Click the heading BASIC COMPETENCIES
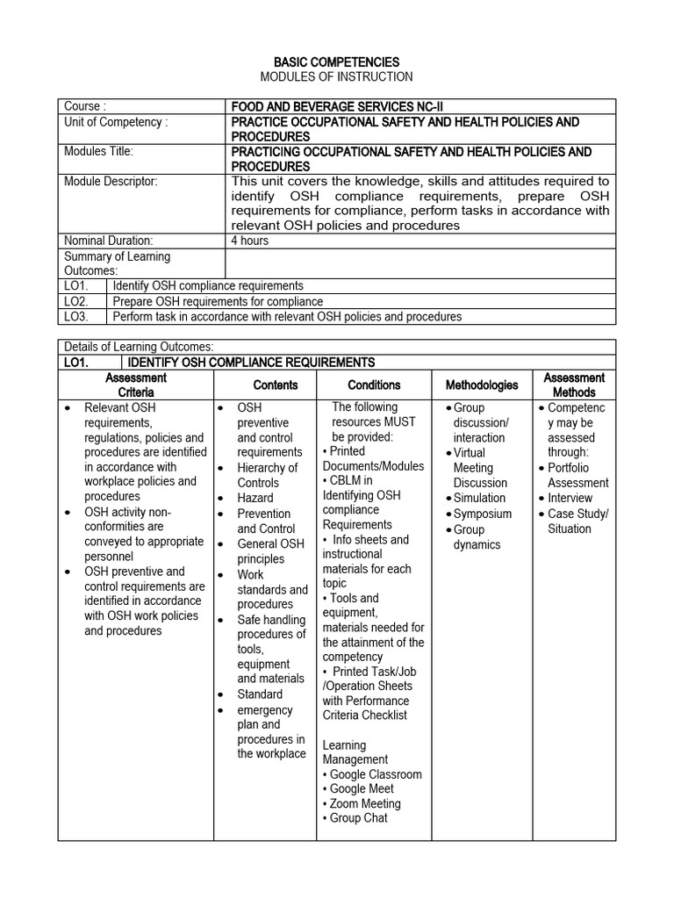tap(337, 61)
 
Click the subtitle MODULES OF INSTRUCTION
tap(337, 76)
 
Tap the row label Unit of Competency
tap(116, 122)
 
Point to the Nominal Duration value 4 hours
tap(250, 240)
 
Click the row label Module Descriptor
tap(111, 181)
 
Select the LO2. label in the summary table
tap(77, 300)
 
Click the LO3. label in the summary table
tap(77, 316)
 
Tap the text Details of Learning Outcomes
tap(139, 347)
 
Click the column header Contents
tap(276, 385)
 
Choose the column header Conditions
tap(374, 385)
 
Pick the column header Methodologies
tap(481, 385)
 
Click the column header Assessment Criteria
tap(136, 385)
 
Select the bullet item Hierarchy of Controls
tap(267, 475)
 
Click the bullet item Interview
tap(570, 498)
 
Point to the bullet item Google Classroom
tap(376, 774)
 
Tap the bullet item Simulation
tap(479, 498)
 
